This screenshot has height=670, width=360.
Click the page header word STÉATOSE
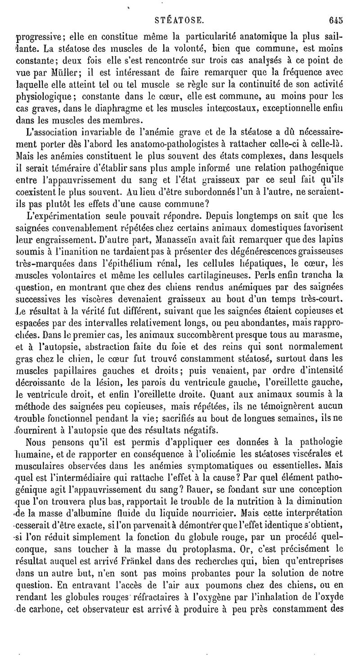180,20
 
